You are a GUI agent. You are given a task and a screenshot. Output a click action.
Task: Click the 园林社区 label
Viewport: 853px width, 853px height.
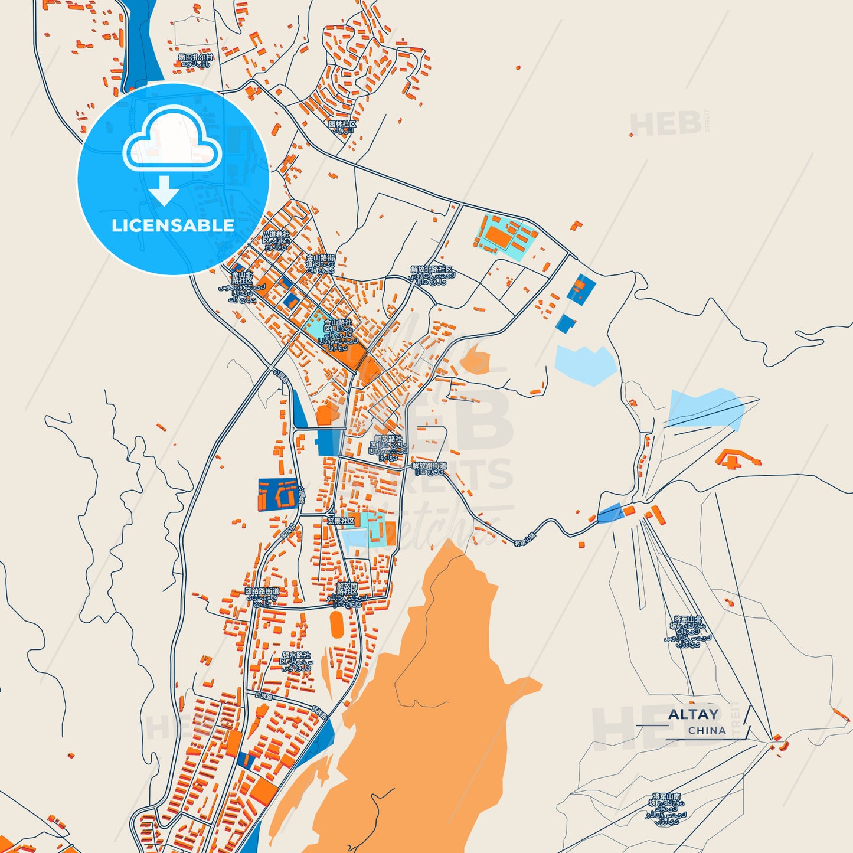click(x=342, y=126)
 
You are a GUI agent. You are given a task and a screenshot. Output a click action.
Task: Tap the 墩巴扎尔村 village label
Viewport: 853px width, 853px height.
click(x=195, y=60)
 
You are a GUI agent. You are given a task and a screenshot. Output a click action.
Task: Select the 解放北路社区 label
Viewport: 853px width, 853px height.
click(x=432, y=275)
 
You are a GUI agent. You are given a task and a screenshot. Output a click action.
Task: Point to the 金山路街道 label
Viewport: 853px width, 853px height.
click(x=320, y=264)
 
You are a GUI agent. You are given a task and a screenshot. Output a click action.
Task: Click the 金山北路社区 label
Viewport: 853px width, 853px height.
click(x=242, y=287)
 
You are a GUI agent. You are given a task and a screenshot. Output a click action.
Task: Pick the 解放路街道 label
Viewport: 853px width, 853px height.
click(x=429, y=469)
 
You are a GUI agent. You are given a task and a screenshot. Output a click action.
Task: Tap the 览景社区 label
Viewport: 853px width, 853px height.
click(x=341, y=521)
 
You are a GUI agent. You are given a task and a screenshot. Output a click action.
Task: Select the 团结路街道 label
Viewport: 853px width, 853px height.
click(x=262, y=596)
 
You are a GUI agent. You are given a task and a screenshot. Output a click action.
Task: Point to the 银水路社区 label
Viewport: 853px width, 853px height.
click(x=296, y=661)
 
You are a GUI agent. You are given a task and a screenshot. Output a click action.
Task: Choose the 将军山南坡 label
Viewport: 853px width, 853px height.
click(x=666, y=808)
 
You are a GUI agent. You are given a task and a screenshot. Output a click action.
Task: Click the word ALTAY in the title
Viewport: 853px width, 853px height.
click(x=693, y=714)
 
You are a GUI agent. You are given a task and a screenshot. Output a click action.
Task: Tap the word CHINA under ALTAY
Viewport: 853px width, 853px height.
click(x=707, y=730)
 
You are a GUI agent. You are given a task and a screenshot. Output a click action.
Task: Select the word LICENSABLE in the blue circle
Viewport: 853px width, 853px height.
click(x=173, y=225)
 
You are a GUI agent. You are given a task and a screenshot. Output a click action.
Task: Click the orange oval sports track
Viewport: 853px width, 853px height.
click(x=336, y=625)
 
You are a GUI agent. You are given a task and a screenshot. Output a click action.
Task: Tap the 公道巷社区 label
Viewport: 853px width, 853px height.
click(x=276, y=239)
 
